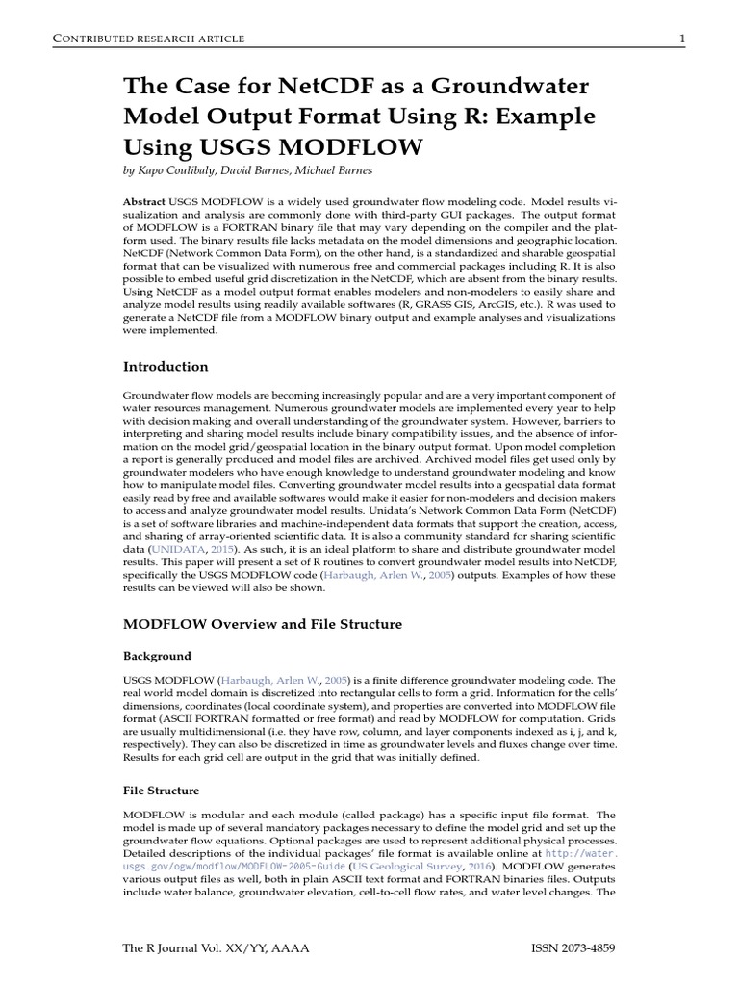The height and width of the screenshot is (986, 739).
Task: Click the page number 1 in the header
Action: tap(681, 38)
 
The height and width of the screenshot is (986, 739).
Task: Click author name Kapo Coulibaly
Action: tap(183, 170)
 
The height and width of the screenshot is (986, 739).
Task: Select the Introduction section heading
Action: tap(166, 366)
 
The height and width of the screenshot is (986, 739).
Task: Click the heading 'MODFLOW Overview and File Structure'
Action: tap(263, 624)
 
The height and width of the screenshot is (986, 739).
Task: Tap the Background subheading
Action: tap(157, 656)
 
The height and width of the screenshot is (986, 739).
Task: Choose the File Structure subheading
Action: tap(162, 791)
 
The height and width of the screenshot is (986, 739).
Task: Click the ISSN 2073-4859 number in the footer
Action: tap(573, 947)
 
